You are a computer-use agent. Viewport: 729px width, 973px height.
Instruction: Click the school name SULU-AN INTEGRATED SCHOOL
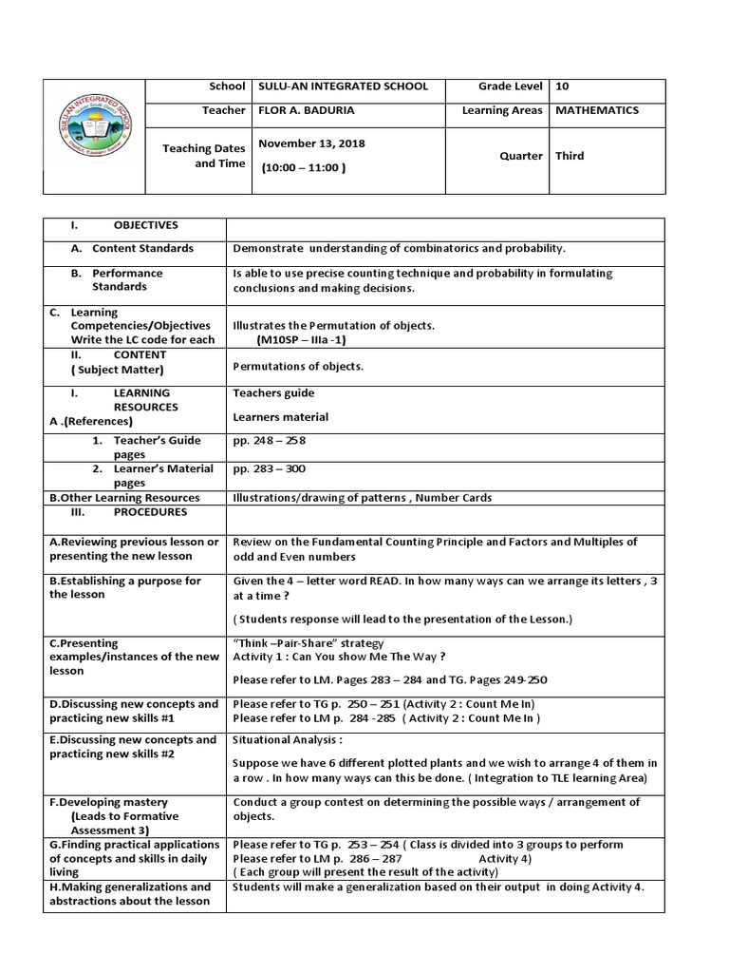point(343,86)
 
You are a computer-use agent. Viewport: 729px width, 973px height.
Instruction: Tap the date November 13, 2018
point(311,143)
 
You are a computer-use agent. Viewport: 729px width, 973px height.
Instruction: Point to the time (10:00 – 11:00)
point(304,167)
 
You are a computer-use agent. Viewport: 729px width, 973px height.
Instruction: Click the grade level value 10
point(562,86)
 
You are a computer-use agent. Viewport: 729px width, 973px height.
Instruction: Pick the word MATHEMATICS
point(597,110)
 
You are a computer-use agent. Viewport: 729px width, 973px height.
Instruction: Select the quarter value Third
point(570,156)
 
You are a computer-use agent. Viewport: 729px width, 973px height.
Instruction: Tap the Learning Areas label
point(502,110)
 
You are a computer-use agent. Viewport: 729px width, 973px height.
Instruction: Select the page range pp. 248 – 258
point(269,441)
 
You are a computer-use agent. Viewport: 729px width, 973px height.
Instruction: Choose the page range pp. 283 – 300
point(269,468)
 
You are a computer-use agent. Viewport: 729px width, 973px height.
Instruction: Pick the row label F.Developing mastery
point(108,802)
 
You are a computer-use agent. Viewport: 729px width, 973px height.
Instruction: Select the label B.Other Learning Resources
point(123,497)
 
